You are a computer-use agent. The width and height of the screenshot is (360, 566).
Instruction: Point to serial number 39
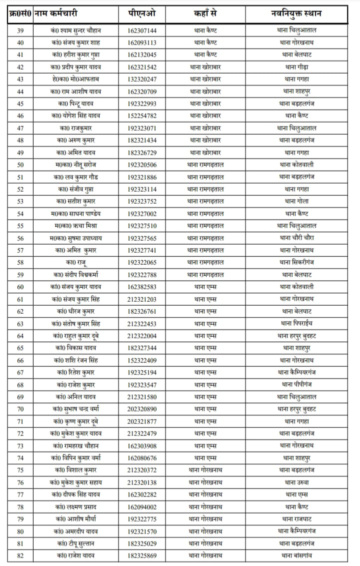20,31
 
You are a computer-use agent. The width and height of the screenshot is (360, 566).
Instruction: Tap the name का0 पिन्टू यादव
76,104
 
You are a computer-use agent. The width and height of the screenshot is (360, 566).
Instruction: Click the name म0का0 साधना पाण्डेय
75,214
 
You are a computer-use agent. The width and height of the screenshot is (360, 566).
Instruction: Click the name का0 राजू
76,262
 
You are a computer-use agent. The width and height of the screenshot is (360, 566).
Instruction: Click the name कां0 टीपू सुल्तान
76,543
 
